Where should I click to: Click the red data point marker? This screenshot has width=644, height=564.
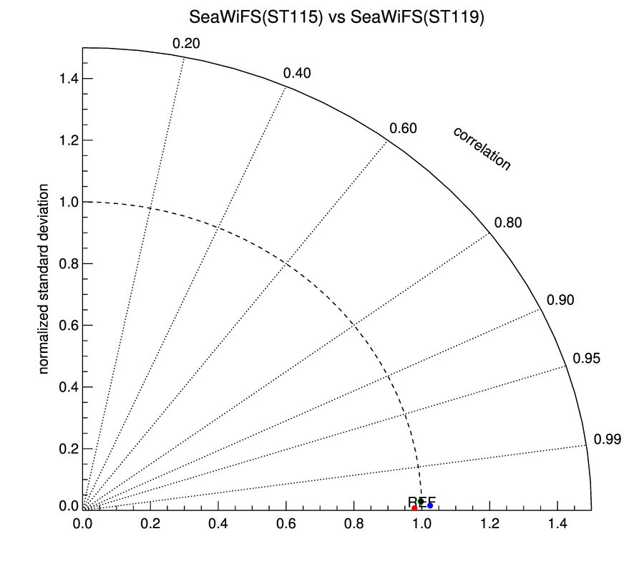414,507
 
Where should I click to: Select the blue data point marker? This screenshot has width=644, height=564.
430,505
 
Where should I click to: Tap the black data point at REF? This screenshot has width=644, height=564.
421,502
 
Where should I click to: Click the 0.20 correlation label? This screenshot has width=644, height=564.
186,44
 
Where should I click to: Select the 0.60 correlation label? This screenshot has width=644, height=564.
403,129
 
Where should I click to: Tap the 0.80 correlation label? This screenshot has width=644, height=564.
509,223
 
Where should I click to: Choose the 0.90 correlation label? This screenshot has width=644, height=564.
560,300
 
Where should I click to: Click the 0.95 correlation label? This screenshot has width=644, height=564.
587,359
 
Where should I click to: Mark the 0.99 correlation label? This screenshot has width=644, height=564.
607,439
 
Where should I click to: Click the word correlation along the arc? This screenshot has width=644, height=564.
482,149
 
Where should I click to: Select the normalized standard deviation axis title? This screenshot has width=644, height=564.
44,279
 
